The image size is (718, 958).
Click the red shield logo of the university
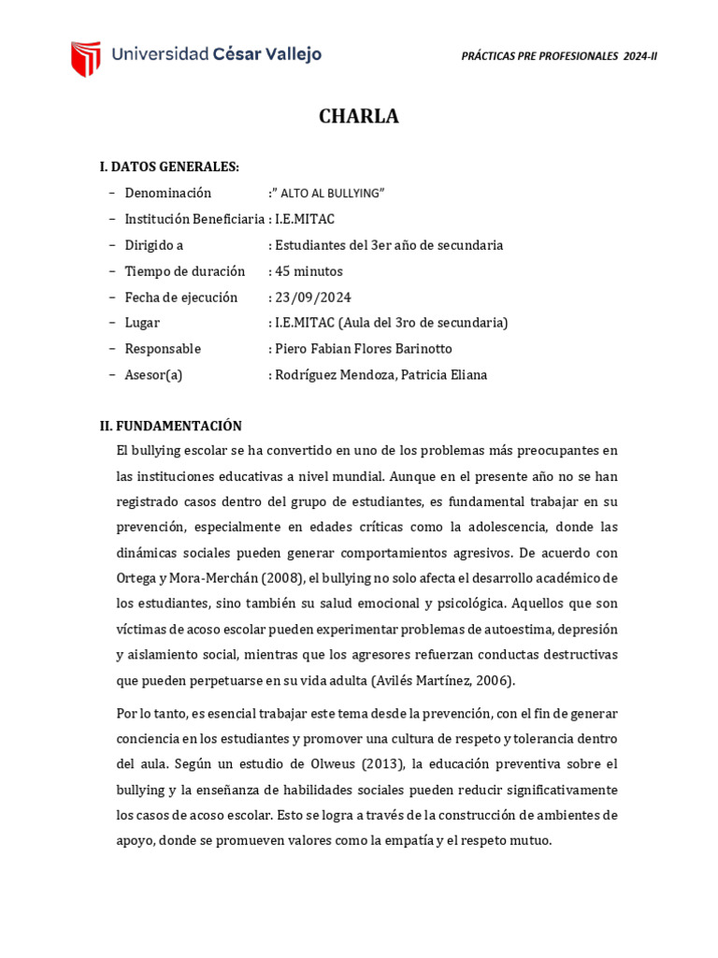click(x=85, y=57)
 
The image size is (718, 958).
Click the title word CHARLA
click(x=359, y=117)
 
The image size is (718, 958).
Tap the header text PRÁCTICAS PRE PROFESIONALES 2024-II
click(x=559, y=56)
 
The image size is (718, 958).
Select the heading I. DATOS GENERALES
click(x=169, y=167)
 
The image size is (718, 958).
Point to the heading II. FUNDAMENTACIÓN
click(x=171, y=426)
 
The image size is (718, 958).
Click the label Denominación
click(x=168, y=193)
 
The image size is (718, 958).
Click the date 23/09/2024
click(x=311, y=298)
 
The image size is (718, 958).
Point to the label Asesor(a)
click(x=153, y=375)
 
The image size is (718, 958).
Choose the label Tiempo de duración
click(x=185, y=271)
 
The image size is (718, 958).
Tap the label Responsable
click(x=163, y=349)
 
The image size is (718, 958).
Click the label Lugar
click(x=142, y=323)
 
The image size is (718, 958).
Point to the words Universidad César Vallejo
click(x=216, y=54)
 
